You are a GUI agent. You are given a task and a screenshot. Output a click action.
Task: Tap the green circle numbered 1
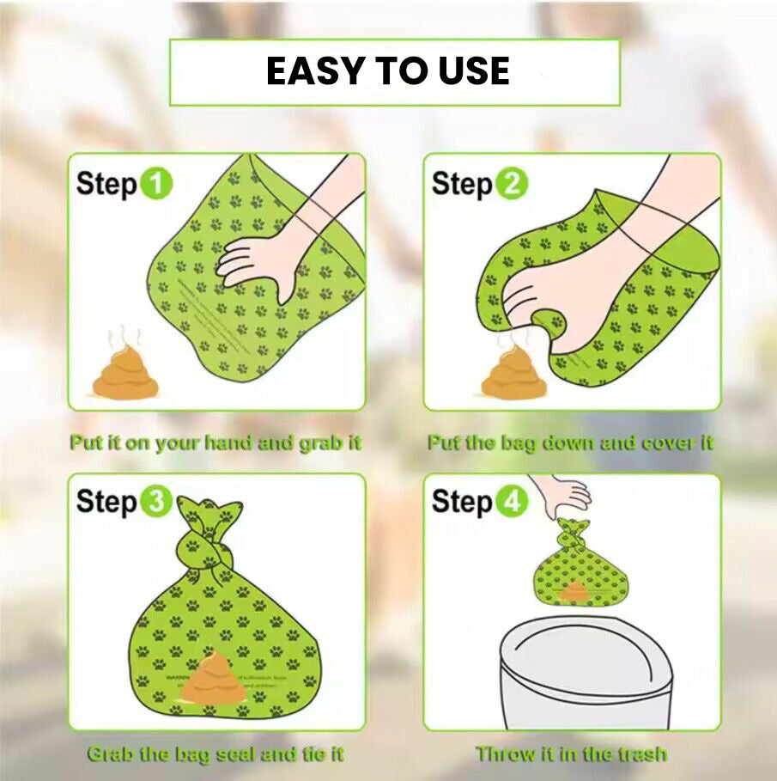(x=156, y=184)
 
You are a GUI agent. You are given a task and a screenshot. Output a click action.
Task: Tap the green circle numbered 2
(x=512, y=184)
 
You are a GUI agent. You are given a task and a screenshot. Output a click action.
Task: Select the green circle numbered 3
(x=156, y=503)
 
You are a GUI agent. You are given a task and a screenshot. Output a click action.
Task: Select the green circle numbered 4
(x=512, y=503)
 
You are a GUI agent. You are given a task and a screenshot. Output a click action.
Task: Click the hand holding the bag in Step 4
(x=562, y=493)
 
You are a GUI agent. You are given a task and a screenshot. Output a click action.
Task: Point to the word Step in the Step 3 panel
(x=106, y=503)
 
